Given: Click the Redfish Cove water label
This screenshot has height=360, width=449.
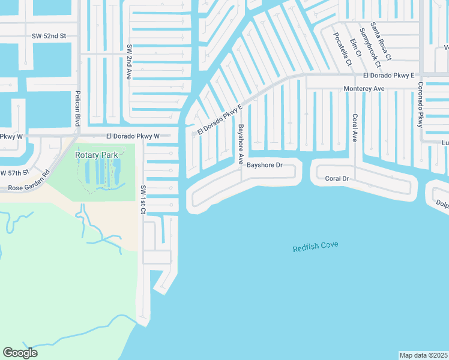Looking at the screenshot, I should click(316, 246).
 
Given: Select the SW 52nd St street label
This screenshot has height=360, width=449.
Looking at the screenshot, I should click(49, 36).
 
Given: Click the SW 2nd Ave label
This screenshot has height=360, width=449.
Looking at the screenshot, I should click(128, 62).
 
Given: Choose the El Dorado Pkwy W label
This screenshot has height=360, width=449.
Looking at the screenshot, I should click(133, 136).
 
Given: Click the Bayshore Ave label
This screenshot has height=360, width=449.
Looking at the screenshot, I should click(241, 145).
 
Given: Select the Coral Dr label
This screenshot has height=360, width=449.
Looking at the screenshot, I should click(337, 179).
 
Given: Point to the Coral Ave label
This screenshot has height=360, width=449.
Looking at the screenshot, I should click(355, 127).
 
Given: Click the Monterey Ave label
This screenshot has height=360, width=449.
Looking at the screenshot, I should click(364, 88).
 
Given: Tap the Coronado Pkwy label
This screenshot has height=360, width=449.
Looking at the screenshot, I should click(420, 104).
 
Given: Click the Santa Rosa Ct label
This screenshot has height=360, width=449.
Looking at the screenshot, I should click(381, 41).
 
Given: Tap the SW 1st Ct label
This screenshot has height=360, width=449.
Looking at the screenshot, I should click(143, 197).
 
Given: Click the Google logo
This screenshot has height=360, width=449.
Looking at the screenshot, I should click(20, 352).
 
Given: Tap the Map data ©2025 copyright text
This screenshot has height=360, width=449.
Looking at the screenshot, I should click(423, 355).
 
